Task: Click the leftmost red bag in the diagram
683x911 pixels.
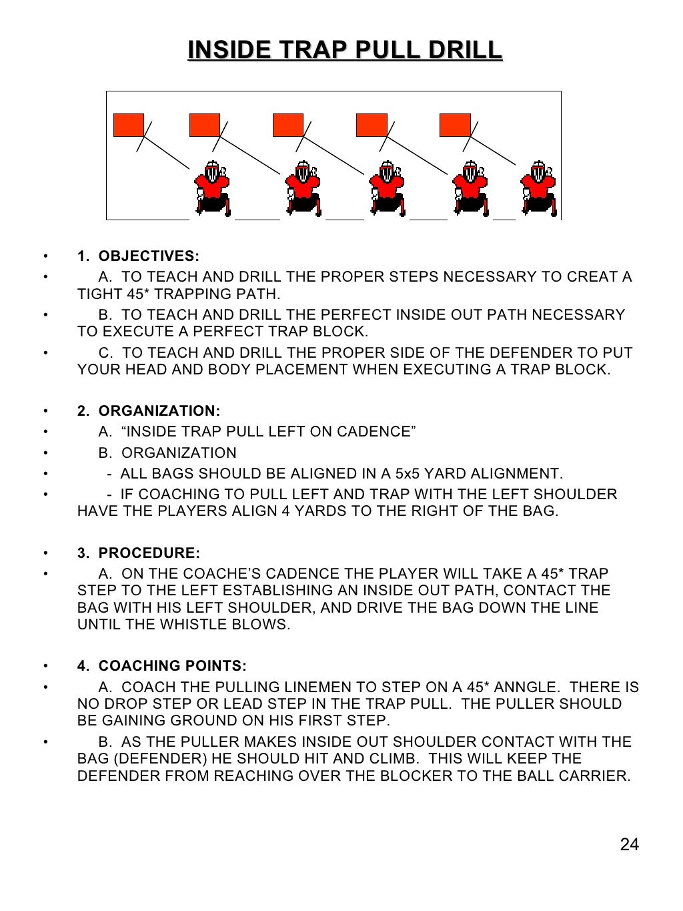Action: (x=129, y=125)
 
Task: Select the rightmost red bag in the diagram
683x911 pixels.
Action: (x=455, y=125)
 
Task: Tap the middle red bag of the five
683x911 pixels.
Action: (x=288, y=125)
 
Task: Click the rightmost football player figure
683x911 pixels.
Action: (x=539, y=188)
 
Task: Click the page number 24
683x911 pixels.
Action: (x=629, y=844)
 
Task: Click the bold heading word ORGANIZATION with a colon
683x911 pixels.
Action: (x=159, y=411)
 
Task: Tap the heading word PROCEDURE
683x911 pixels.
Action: (x=149, y=553)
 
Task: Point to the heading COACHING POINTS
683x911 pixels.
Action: (x=172, y=666)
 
